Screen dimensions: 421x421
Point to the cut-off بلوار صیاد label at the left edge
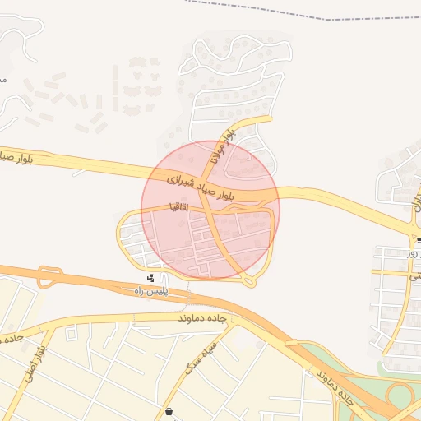(16, 155)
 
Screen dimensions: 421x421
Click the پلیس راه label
(150, 291)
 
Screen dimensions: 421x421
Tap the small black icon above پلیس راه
(151, 278)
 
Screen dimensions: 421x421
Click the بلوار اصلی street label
(31, 360)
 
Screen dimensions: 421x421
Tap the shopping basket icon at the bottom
(169, 412)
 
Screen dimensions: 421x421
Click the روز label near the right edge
(412, 254)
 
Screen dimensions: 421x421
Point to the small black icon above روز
(418, 240)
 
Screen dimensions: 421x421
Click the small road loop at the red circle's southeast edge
(250, 282)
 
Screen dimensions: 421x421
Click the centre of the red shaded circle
(210, 210)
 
